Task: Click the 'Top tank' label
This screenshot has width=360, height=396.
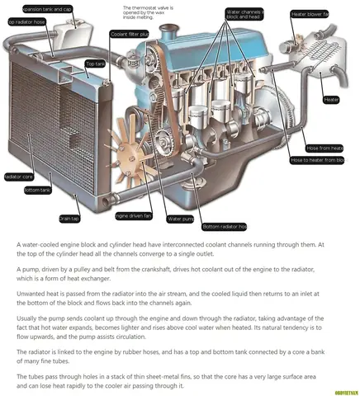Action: pos(95,64)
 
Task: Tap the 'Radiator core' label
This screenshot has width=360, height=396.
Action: pos(18,177)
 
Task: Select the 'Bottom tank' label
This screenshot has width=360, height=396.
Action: pos(38,190)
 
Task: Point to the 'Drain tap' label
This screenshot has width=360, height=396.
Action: pos(69,219)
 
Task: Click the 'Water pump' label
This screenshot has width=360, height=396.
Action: pos(181,219)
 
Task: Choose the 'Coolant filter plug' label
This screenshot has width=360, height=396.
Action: pos(129,34)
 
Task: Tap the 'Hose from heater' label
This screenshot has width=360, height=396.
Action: pos(324,148)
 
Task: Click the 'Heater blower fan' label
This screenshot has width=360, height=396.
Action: pos(310,14)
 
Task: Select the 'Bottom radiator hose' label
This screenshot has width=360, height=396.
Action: pos(224,226)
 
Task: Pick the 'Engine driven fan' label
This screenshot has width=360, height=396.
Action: pos(133,215)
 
